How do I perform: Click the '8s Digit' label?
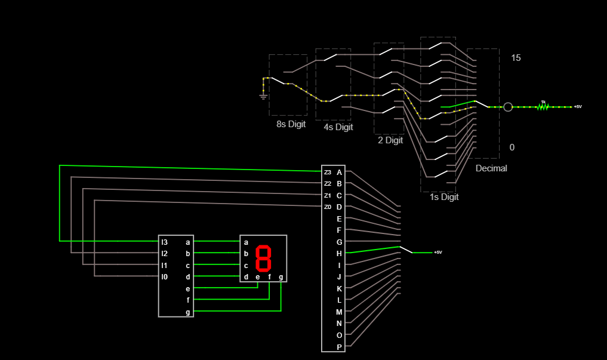291,124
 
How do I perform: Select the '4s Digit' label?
338,127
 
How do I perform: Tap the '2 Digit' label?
390,140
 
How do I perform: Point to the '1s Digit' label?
444,196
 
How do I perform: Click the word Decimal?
491,168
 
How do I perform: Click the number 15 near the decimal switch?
516,58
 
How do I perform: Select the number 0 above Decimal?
512,147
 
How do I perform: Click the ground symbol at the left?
263,94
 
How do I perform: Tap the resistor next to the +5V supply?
543,106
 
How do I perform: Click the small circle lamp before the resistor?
508,107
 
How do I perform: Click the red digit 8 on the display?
263,258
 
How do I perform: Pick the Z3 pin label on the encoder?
327,173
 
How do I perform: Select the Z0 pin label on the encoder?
327,207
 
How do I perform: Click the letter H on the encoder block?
339,253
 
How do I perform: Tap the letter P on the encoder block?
339,347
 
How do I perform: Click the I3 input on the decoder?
164,242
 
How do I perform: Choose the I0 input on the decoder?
164,276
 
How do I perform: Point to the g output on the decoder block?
188,312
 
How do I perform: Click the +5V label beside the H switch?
438,253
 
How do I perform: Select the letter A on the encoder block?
339,173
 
